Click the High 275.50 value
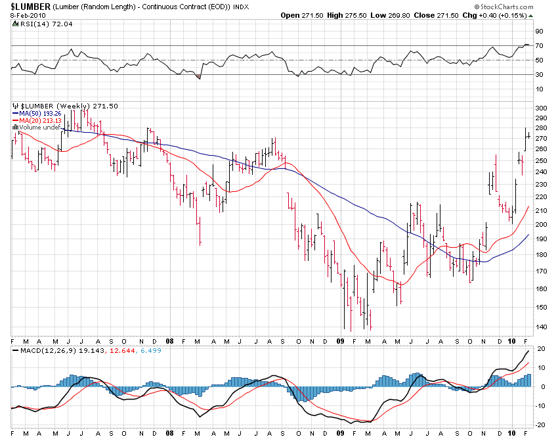tap(349, 14)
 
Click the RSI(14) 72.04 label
tap(41, 23)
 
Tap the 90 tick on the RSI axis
tap(538, 31)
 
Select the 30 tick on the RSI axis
tap(538, 74)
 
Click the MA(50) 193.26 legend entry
tap(36, 113)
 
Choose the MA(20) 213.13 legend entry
tap(36, 120)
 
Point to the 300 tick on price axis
tap(541, 108)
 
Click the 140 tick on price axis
tap(541, 327)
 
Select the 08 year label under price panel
tap(169, 341)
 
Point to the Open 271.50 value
tap(299, 14)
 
